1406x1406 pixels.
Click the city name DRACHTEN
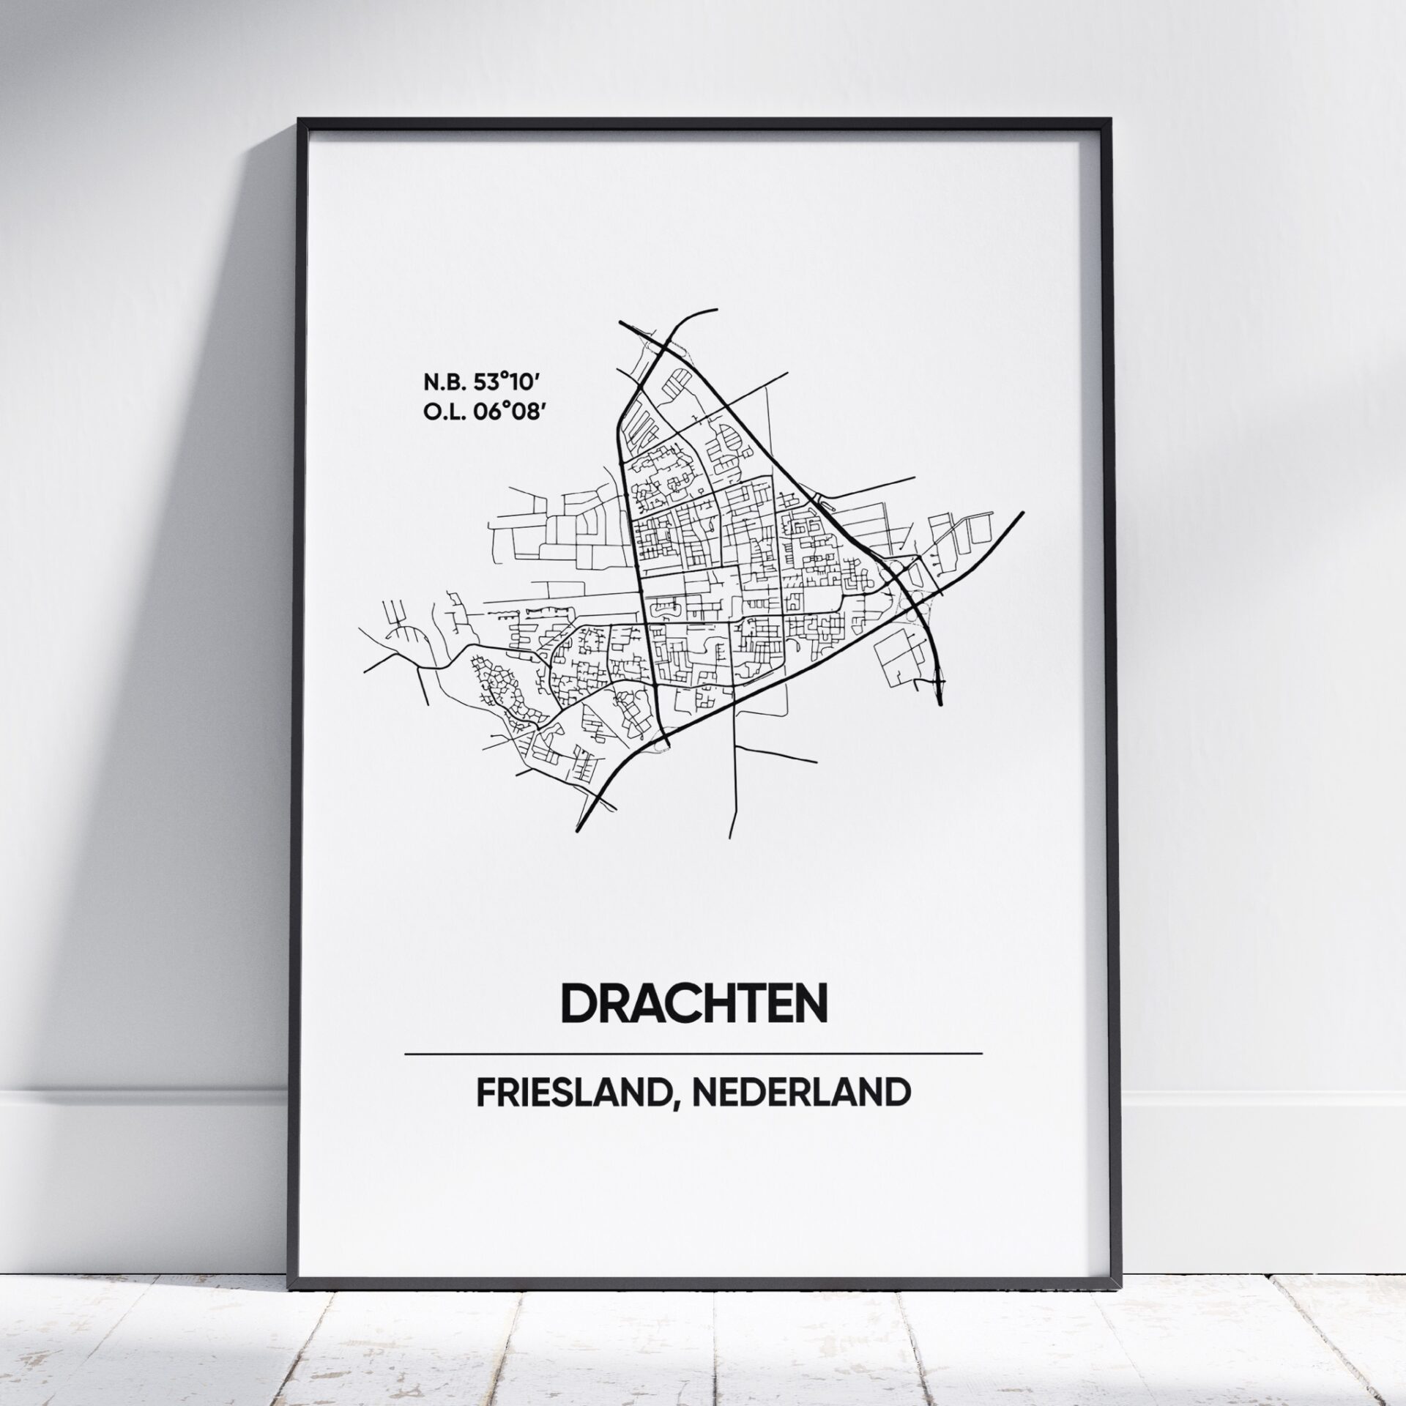(693, 1003)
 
